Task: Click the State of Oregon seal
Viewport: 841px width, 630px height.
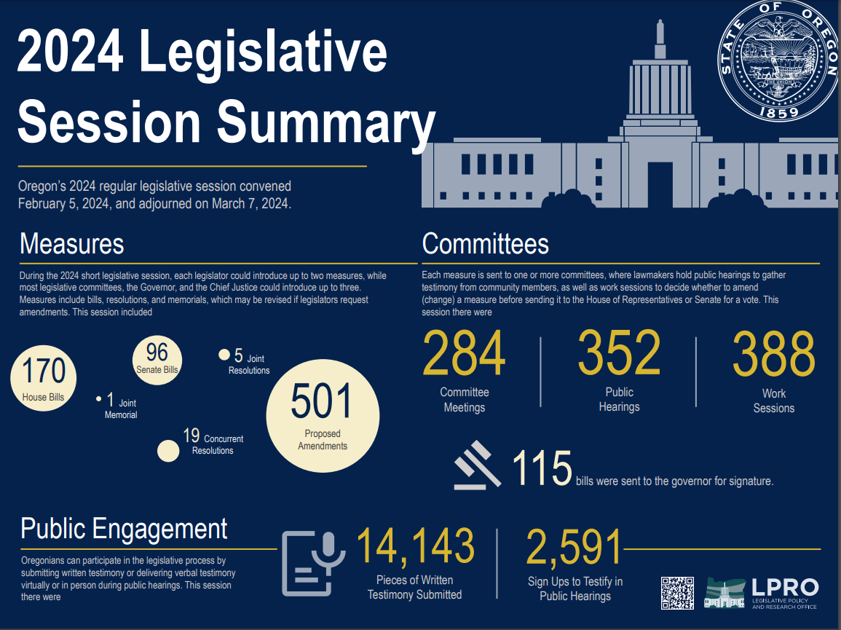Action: (x=777, y=60)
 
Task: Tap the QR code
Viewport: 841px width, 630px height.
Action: (x=677, y=592)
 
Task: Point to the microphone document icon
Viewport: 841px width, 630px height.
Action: (x=309, y=563)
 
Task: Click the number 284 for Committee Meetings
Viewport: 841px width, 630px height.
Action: (x=464, y=354)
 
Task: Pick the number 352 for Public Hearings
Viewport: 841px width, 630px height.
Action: (x=619, y=354)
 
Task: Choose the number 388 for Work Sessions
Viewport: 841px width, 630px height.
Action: (x=773, y=355)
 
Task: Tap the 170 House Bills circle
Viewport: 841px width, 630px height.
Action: (x=43, y=377)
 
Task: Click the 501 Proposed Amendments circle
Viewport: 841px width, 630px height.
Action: (x=323, y=415)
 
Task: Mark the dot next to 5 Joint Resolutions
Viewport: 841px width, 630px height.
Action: (x=224, y=355)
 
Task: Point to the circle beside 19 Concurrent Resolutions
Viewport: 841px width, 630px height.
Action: (x=168, y=451)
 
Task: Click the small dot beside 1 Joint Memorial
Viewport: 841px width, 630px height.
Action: (x=98, y=399)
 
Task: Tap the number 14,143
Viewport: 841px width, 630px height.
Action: (x=415, y=548)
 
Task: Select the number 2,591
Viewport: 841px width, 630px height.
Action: (x=575, y=548)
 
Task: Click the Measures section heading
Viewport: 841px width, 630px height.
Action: (x=72, y=244)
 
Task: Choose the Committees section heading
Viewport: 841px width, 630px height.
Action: (x=485, y=244)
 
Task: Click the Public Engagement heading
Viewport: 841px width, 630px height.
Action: (x=124, y=529)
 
